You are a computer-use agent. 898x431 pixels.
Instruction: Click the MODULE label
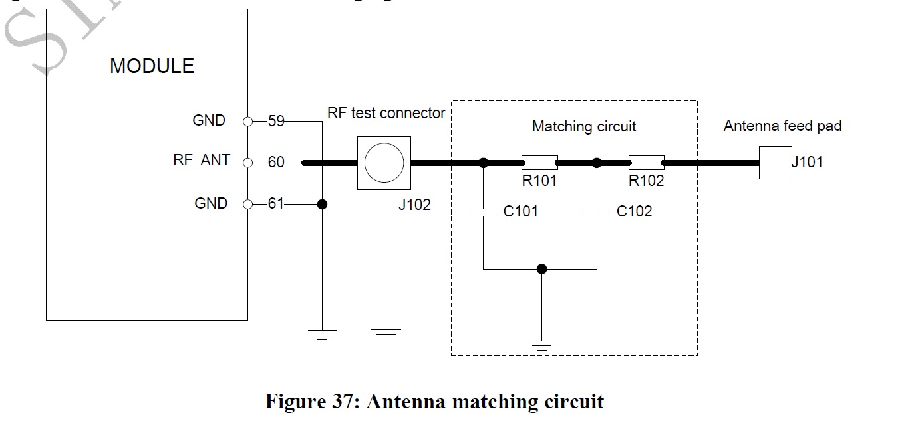152,66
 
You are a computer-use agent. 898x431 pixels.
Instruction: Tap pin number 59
276,122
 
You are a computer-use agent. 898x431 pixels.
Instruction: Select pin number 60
276,163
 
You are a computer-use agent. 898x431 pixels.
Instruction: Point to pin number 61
276,204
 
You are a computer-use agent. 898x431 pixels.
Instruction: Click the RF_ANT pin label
202,161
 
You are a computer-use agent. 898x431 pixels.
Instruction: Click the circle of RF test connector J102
383,162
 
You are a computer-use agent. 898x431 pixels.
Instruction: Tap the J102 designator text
414,205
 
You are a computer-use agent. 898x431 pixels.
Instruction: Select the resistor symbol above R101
539,162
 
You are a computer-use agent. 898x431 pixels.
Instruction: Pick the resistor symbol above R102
646,162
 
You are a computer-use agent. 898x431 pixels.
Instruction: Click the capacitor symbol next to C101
484,211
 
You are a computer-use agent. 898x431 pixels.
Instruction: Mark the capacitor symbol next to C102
597,211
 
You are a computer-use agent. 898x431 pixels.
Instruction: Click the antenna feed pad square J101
775,163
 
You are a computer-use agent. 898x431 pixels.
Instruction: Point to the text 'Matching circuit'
583,126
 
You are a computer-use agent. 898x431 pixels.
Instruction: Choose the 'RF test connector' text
386,113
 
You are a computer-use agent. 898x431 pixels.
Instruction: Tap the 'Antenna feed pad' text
782,126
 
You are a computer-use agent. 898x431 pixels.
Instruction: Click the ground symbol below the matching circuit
542,345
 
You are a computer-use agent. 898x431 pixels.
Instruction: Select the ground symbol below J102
384,334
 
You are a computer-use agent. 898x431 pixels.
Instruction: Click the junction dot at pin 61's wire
322,204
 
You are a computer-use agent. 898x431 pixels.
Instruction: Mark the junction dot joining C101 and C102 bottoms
542,269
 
